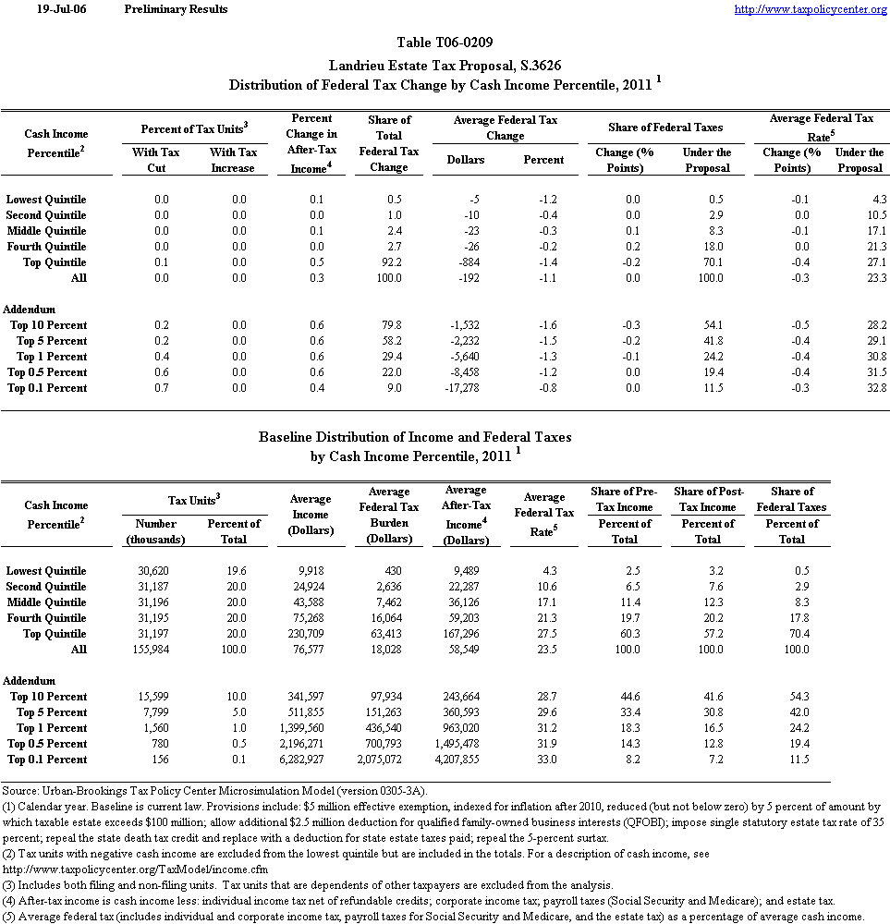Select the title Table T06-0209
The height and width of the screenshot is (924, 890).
(x=445, y=43)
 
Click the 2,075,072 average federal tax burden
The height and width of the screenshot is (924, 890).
(x=394, y=760)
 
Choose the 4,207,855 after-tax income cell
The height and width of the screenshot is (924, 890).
(x=470, y=760)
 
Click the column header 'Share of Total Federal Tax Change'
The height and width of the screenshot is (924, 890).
(x=389, y=143)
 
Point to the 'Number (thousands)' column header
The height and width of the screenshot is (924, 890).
(x=156, y=531)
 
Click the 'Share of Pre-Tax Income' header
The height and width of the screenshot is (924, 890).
(x=624, y=499)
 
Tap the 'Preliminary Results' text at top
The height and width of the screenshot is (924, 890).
(x=176, y=9)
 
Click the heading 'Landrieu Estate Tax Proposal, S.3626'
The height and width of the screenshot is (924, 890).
(x=445, y=65)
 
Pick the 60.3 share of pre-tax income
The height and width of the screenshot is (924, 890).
(x=628, y=634)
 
